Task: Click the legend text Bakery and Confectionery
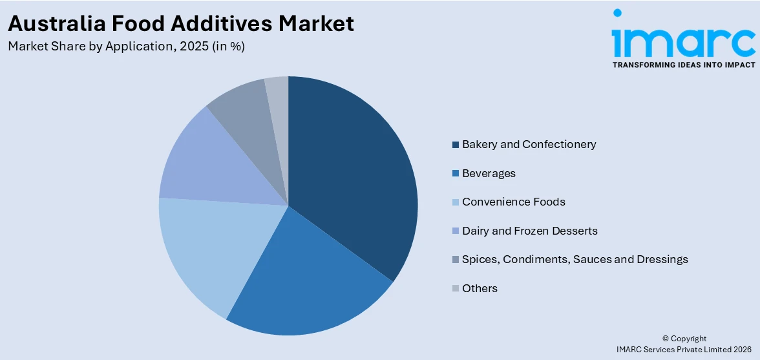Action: tap(529, 144)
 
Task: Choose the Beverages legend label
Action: tap(489, 173)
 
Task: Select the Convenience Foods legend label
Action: tap(513, 202)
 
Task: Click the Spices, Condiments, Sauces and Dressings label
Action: tap(575, 259)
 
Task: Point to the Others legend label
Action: tap(480, 288)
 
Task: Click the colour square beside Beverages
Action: tap(456, 174)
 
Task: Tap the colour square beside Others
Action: tap(456, 289)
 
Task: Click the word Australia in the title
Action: tap(56, 24)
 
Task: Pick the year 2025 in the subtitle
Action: tap(194, 47)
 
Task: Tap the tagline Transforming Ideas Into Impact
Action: tap(683, 65)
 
